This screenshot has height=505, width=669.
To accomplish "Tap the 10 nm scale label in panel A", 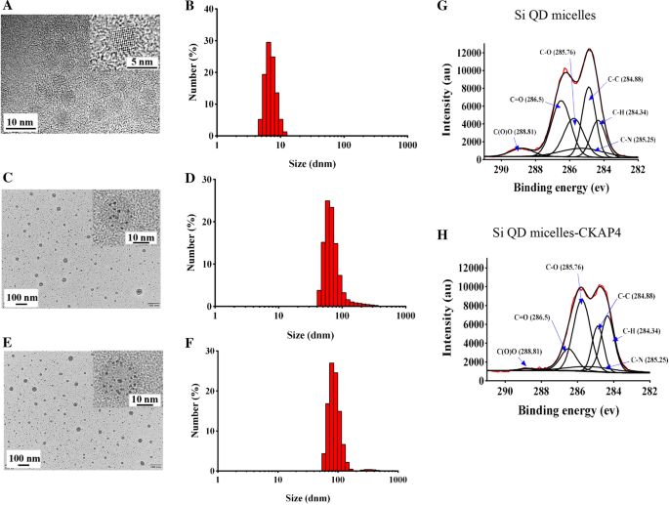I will pyautogui.click(x=23, y=120).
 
